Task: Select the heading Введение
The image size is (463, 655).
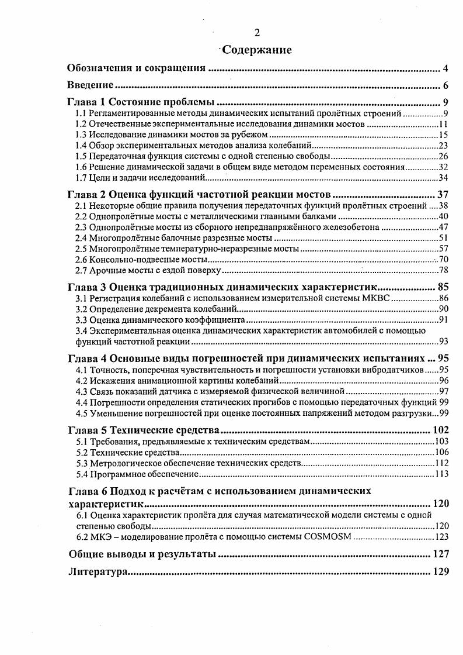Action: coord(90,85)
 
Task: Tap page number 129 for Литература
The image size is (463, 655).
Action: coord(440,572)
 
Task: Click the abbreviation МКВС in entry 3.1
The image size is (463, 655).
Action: coord(377,298)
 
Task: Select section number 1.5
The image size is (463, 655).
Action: coord(82,156)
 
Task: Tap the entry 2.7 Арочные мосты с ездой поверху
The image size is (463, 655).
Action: coord(149,270)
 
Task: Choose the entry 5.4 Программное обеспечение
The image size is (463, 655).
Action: coord(138,474)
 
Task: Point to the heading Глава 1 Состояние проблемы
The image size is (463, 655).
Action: coord(141,102)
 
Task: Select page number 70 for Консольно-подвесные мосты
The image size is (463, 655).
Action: coord(443,259)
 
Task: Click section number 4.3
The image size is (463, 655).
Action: coord(82,391)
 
